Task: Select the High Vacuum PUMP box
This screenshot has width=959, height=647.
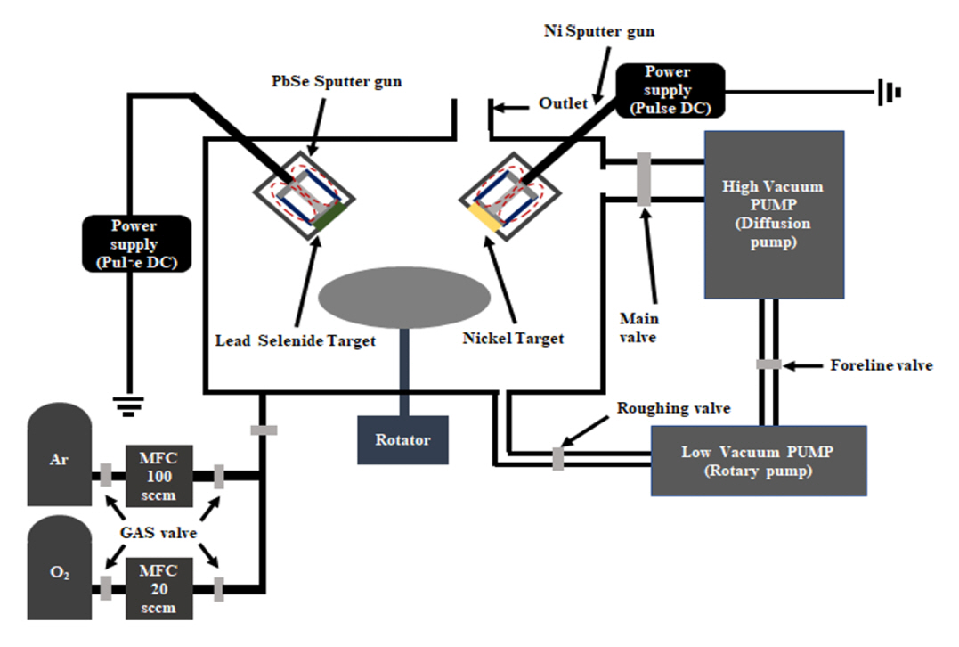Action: tap(774, 215)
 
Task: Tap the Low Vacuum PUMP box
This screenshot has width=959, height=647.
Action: tap(759, 461)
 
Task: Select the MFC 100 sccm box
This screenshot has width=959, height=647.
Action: tap(158, 476)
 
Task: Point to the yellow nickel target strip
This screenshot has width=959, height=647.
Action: tap(486, 219)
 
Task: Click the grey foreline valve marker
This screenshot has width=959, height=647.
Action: tap(768, 364)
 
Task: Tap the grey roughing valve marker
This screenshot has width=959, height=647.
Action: tap(558, 457)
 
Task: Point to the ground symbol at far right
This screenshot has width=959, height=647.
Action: tap(890, 92)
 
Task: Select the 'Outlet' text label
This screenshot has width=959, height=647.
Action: tap(563, 103)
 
